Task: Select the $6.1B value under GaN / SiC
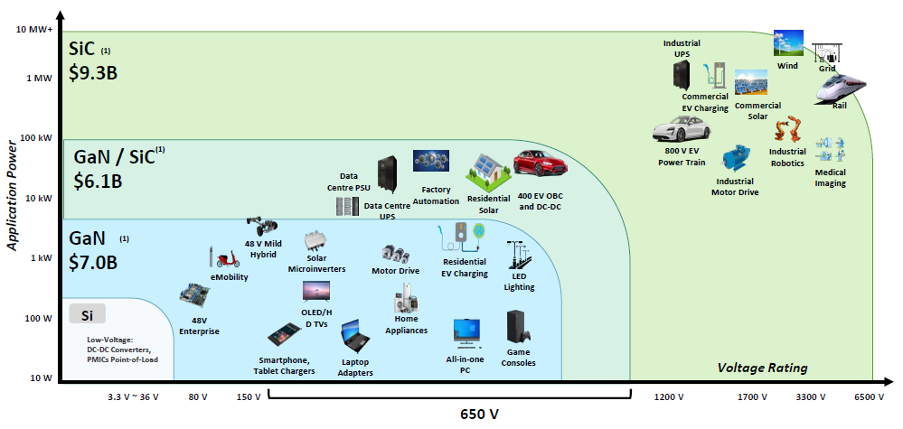pos(98,180)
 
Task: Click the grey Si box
pos(88,314)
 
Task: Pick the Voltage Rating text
pos(762,368)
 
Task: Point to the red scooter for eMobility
pos(221,257)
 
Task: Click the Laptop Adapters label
pos(354,368)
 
